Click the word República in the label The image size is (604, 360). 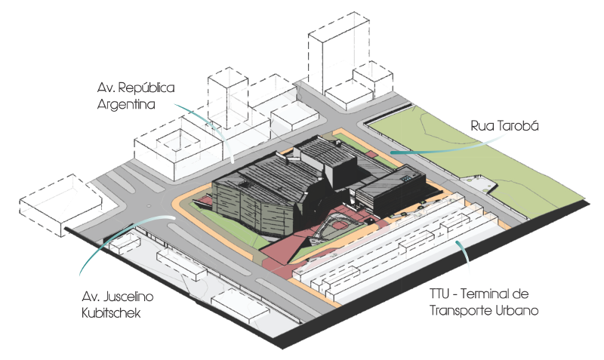(x=148, y=88)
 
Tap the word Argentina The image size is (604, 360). (x=126, y=105)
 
